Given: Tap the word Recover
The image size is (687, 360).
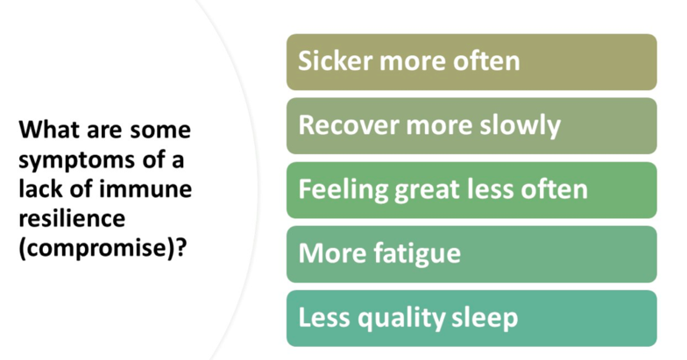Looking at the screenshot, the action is [x=349, y=124].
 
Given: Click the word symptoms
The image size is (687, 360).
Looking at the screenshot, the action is [x=76, y=161].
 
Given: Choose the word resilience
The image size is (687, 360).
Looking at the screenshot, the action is [x=72, y=218].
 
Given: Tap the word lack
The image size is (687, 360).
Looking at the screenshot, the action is [x=40, y=189].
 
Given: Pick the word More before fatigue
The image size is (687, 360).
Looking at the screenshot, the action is [x=333, y=254].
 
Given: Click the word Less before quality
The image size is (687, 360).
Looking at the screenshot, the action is [x=324, y=317].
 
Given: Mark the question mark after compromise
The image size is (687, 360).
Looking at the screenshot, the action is [x=181, y=247].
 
